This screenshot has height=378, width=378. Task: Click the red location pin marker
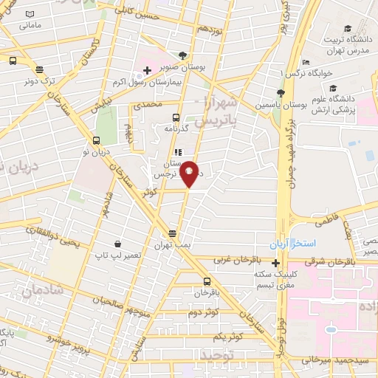[x=190, y=173]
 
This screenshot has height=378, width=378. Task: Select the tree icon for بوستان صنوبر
[x=182, y=54]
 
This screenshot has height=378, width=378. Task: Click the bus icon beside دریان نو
[x=96, y=140]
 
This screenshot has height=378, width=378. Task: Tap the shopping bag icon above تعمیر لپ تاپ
[x=117, y=244]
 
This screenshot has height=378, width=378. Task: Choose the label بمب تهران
[x=173, y=244]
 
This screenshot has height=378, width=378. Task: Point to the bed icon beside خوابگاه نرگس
[x=306, y=62]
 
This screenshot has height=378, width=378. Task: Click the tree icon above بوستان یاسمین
[x=279, y=93]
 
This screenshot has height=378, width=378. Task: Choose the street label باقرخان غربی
[x=233, y=260]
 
